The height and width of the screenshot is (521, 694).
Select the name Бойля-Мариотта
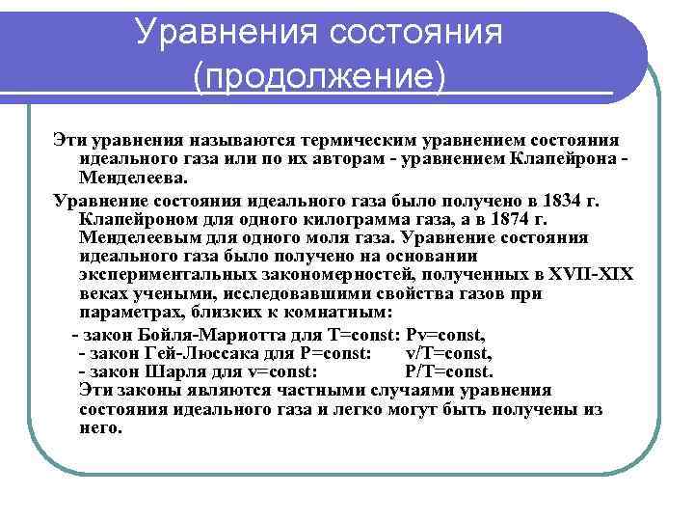219,335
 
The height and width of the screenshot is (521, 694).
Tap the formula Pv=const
446,335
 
